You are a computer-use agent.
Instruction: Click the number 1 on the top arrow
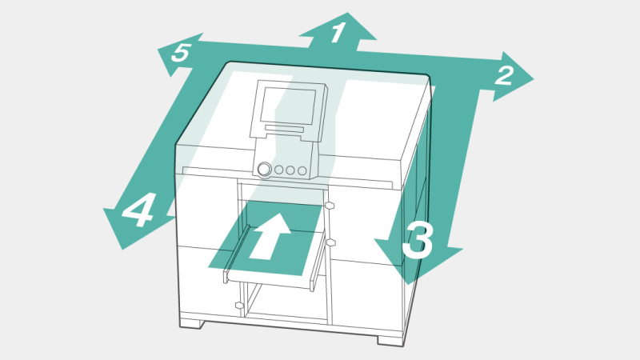(338, 33)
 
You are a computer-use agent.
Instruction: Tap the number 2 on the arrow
(504, 76)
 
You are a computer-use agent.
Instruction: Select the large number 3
(417, 240)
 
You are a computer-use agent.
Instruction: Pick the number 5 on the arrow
(181, 53)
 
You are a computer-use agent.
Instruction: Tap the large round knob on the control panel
(265, 169)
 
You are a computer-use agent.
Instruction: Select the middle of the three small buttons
(290, 170)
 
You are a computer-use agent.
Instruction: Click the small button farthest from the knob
(302, 170)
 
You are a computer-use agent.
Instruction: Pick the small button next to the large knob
(278, 170)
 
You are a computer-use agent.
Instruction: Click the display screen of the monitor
(289, 106)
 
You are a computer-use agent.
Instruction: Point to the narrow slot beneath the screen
(285, 129)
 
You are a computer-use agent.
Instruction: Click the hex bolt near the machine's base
(239, 305)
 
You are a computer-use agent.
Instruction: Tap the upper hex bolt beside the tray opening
(330, 205)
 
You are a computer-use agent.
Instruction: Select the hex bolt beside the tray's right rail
(330, 243)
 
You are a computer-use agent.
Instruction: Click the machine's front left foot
(191, 324)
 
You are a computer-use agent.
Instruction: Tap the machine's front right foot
(390, 340)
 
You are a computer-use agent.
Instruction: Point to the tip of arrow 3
(409, 285)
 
